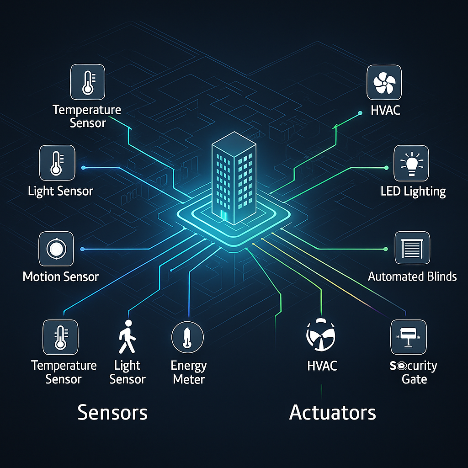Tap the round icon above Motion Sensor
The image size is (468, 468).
tap(56, 249)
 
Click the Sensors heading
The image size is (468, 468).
tap(112, 412)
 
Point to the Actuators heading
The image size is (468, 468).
tap(333, 412)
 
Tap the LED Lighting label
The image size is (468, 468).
tap(413, 191)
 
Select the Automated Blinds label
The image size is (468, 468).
tap(412, 277)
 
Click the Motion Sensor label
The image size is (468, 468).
tap(61, 277)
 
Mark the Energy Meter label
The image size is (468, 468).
tap(189, 372)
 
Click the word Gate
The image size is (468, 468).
tap(414, 379)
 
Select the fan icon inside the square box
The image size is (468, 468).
tap(384, 82)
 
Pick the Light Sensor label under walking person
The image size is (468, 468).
tap(128, 372)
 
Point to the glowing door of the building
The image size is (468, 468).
tap(223, 216)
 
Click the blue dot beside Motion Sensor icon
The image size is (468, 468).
tap(83, 249)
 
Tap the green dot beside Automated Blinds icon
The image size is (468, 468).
tap(386, 249)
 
